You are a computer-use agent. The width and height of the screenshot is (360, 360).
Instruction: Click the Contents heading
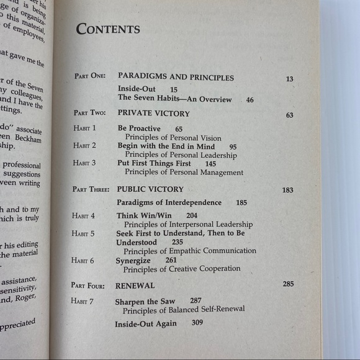[x=108, y=29]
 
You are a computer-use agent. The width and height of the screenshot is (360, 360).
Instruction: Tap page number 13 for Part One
[x=289, y=79]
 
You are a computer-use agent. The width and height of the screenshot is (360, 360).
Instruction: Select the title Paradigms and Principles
[x=176, y=78]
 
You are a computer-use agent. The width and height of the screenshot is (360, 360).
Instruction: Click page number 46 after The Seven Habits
[x=250, y=99]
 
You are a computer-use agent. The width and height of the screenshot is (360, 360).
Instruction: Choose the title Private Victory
[x=153, y=114]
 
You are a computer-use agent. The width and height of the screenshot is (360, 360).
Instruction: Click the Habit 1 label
[x=85, y=128]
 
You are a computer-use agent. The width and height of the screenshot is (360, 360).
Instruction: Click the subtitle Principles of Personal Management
[x=184, y=173]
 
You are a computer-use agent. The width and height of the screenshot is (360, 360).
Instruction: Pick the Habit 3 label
[x=85, y=164]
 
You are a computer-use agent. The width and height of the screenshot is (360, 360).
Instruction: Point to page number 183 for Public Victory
[x=287, y=190]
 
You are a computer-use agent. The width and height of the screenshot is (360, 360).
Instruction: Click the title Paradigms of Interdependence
[x=169, y=202]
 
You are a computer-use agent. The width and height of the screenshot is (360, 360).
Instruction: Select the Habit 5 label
[x=84, y=233]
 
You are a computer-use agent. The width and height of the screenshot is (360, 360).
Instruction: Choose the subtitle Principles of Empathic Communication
[x=189, y=251]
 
